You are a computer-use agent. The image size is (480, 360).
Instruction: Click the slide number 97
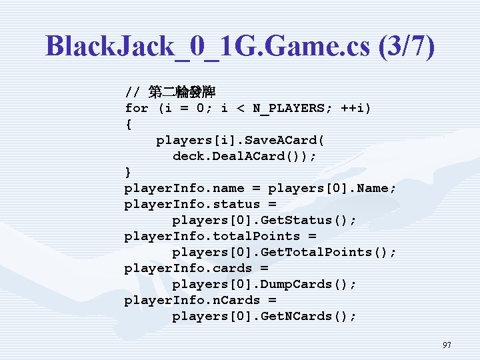coord(447,345)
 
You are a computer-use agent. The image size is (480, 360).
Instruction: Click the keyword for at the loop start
coord(137,108)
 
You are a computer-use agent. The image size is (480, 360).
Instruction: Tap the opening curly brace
coord(129,124)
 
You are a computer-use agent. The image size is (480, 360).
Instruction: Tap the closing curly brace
coord(129,172)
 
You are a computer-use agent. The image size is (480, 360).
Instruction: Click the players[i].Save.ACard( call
coord(241,140)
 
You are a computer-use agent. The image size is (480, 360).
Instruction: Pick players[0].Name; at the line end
coord(333,188)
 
